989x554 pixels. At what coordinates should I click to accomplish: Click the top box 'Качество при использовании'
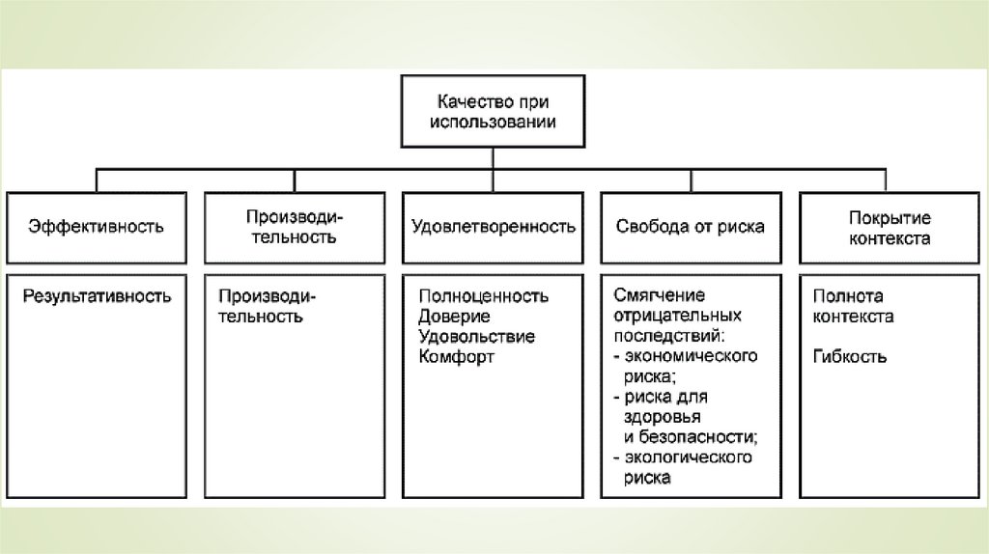coord(494,112)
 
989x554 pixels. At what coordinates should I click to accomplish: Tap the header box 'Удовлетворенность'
coord(494,227)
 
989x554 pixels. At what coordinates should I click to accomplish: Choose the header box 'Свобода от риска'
coord(691,227)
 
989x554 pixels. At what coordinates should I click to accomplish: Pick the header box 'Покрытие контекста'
coord(890,227)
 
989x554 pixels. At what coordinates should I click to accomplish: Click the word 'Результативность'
coord(98,296)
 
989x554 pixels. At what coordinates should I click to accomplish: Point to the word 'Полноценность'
coord(484,296)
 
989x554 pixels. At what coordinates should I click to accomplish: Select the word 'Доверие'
coord(455,317)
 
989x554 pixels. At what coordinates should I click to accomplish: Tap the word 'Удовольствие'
coord(477,337)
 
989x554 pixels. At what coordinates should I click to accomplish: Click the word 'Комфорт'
coord(457,357)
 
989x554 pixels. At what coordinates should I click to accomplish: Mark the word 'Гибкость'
coord(850,357)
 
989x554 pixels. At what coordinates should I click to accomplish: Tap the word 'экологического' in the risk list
coord(690,457)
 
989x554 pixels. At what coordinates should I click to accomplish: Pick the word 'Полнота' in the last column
coord(848,296)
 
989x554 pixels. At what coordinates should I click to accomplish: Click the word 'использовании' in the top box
coord(494,123)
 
